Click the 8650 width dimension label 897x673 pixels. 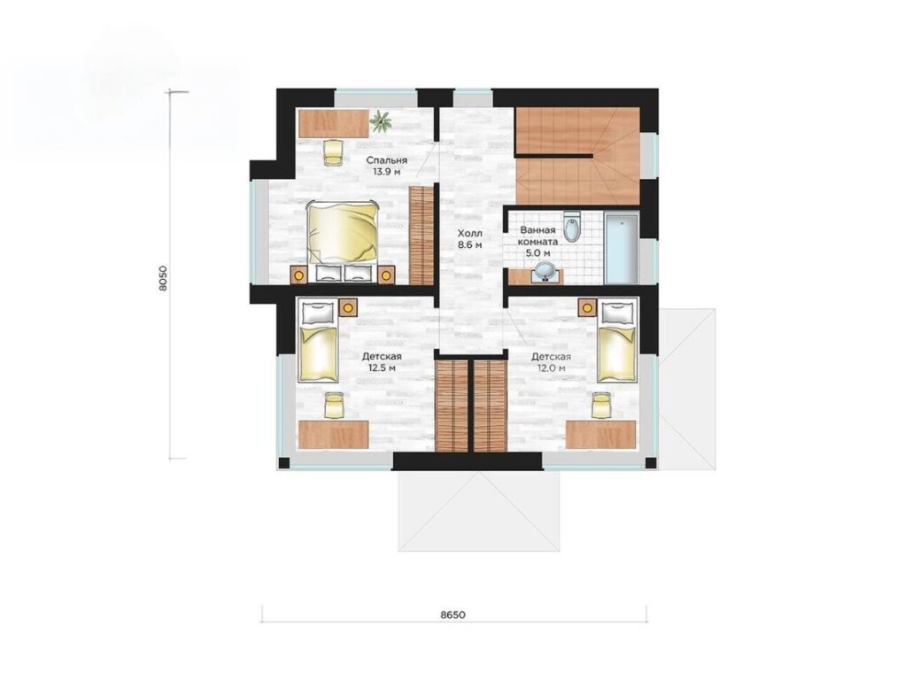tap(452, 615)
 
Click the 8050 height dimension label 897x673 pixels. tap(164, 279)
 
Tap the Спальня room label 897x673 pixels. tap(387, 166)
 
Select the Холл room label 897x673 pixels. tap(469, 238)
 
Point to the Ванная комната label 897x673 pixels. tap(537, 241)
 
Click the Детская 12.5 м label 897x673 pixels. tap(382, 361)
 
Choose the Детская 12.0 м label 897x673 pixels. tap(551, 361)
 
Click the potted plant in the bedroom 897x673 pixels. tap(381, 120)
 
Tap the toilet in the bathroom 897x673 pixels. tap(571, 226)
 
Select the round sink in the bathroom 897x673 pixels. tap(545, 273)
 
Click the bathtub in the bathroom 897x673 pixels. tap(622, 248)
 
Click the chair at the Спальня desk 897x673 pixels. tap(332, 152)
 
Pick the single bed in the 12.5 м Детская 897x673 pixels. tap(318, 342)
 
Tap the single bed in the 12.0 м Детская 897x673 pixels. tap(616, 342)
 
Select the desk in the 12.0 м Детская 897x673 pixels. tap(600, 435)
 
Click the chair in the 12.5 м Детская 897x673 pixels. tap(332, 405)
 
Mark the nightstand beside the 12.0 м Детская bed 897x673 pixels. tap(587, 307)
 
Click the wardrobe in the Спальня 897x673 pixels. tap(421, 236)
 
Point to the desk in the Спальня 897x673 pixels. tap(334, 124)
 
